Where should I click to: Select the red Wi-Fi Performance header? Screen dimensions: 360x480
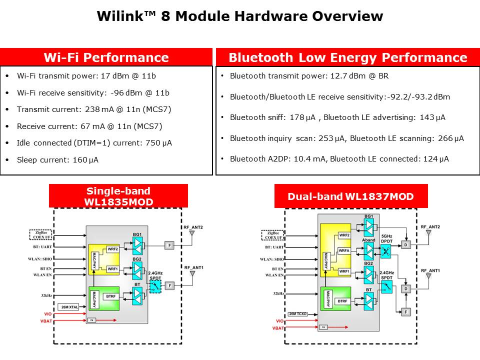pyautogui.click(x=106, y=57)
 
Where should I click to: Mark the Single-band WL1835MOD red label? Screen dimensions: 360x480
pyautogui.click(x=118, y=195)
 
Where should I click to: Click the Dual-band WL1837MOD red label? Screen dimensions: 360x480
pyautogui.click(x=351, y=196)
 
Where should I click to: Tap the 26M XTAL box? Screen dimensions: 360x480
pyautogui.click(x=69, y=306)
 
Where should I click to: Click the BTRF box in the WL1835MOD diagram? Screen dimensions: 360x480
pyautogui.click(x=111, y=296)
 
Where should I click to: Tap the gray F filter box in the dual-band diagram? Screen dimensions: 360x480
pyautogui.click(x=405, y=311)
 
